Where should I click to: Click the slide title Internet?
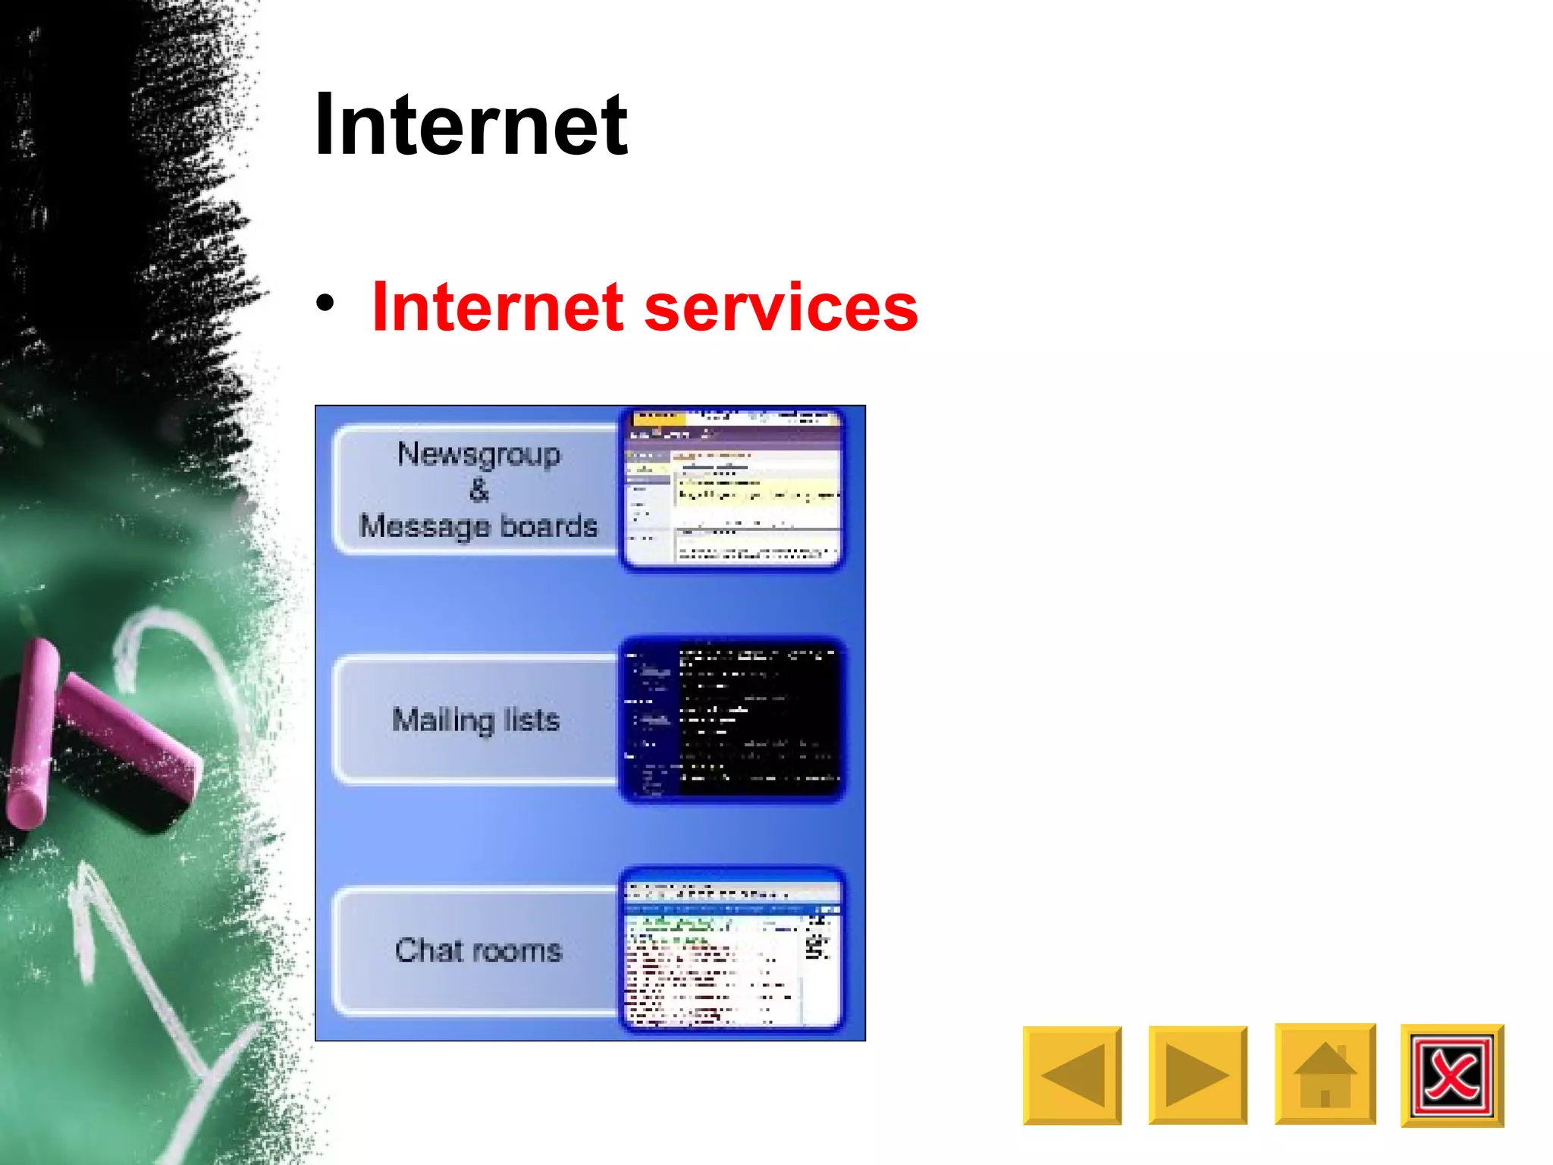click(x=471, y=124)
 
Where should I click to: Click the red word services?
click(x=781, y=307)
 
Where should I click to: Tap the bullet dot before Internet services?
click(x=325, y=303)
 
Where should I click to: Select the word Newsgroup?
click(x=478, y=454)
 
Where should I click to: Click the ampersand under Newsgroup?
click(x=478, y=490)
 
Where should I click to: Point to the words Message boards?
click(x=478, y=526)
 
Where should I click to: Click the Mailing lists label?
click(x=475, y=719)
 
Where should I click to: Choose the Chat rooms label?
click(x=478, y=950)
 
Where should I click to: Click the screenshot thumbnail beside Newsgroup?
click(x=733, y=489)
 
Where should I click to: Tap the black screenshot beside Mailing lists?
click(x=733, y=720)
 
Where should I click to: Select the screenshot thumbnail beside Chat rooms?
click(x=733, y=950)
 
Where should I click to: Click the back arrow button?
click(x=1071, y=1075)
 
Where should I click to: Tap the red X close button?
click(x=1451, y=1076)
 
